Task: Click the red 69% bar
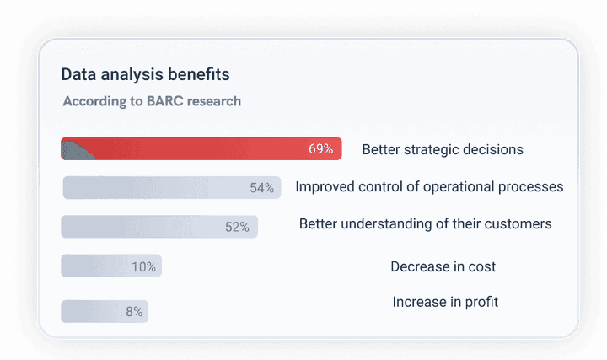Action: tap(201, 149)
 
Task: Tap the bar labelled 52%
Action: tap(158, 227)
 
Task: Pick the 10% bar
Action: tap(110, 266)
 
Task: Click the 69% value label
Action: tap(320, 149)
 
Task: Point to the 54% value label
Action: tap(262, 188)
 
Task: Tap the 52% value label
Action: tap(237, 227)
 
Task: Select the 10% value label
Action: tap(143, 267)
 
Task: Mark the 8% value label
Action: tap(134, 312)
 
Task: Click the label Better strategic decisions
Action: tap(443, 149)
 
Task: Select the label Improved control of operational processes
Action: tap(429, 186)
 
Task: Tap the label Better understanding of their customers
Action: tap(425, 223)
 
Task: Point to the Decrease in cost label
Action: tap(443, 266)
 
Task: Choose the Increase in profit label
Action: tap(445, 301)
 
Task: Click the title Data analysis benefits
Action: tap(145, 74)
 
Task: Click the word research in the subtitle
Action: tap(216, 101)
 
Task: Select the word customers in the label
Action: tap(519, 223)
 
